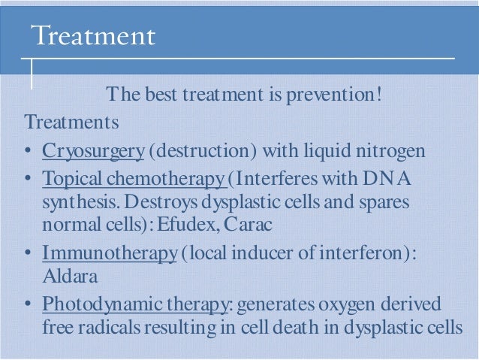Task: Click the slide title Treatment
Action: (94, 35)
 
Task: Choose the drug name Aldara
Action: (64, 275)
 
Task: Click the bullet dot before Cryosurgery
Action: (27, 152)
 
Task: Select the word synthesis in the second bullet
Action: (78, 203)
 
